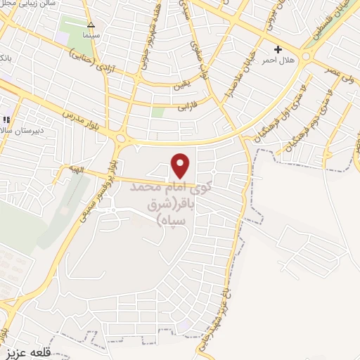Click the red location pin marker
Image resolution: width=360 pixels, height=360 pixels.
pyautogui.click(x=181, y=165)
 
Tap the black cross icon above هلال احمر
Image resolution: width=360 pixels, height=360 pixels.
pyautogui.click(x=278, y=49)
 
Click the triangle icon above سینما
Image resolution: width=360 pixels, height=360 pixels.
pyautogui.click(x=90, y=23)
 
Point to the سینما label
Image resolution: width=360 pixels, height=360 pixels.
pyautogui.click(x=91, y=34)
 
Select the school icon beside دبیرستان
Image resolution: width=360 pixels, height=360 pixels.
pyautogui.click(x=6, y=120)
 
